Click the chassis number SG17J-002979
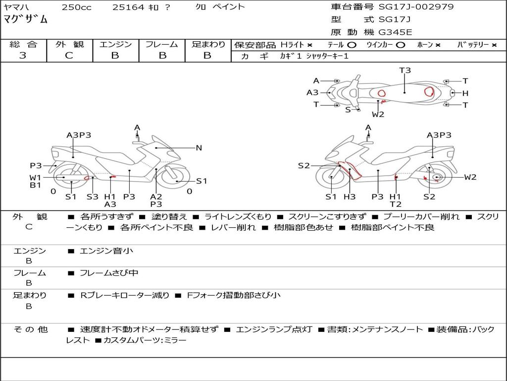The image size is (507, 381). click(416, 7)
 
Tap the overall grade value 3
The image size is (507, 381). click(23, 55)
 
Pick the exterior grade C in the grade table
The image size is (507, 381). click(69, 55)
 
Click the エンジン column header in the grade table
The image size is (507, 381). click(115, 44)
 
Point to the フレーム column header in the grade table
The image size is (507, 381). click(161, 44)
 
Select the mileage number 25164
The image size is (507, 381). click(128, 7)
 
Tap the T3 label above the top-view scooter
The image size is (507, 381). click(405, 70)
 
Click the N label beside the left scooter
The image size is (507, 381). click(199, 148)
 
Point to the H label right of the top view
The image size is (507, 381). click(465, 93)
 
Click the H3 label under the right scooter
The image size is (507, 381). click(350, 196)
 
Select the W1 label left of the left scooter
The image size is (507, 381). click(35, 177)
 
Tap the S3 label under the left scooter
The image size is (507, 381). click(93, 196)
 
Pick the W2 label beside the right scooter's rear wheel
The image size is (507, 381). click(470, 177)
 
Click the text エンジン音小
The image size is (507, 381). click(106, 251)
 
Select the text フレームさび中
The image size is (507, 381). click(109, 273)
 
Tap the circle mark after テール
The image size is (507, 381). click(352, 45)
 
